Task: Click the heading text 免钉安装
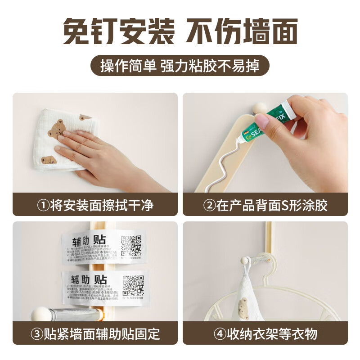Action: point(118,31)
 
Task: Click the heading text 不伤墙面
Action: point(242,31)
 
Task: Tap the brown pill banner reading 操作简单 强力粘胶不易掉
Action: point(180,66)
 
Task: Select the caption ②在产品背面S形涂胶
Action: point(265,206)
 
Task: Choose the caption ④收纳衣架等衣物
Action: point(265,334)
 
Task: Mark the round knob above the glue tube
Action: point(258,108)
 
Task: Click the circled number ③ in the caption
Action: point(37,334)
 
